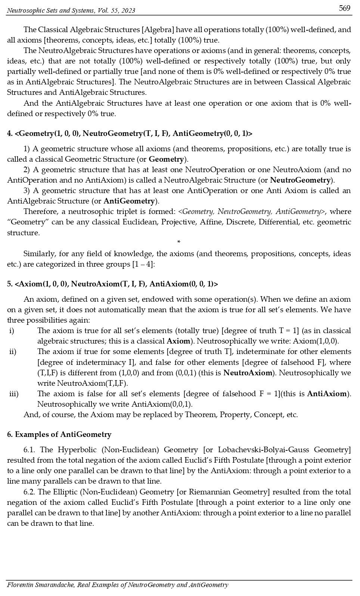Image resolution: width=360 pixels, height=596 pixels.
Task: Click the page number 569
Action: (345, 8)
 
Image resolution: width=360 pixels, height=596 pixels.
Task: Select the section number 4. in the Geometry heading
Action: (10, 133)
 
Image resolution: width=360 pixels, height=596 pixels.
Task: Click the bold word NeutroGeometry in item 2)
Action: (301, 180)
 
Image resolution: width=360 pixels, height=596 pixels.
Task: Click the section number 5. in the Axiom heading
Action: (10, 284)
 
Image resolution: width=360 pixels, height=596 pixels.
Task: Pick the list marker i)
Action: (12, 330)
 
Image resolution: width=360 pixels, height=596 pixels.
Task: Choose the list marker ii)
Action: (13, 351)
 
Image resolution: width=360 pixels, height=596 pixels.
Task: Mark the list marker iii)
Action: (14, 394)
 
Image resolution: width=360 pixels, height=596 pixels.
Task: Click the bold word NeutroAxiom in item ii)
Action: (248, 373)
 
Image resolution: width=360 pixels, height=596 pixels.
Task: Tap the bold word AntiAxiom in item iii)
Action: (327, 394)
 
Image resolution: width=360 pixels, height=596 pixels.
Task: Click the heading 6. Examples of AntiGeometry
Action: (59, 434)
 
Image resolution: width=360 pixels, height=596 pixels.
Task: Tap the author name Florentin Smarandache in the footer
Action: (40, 585)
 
